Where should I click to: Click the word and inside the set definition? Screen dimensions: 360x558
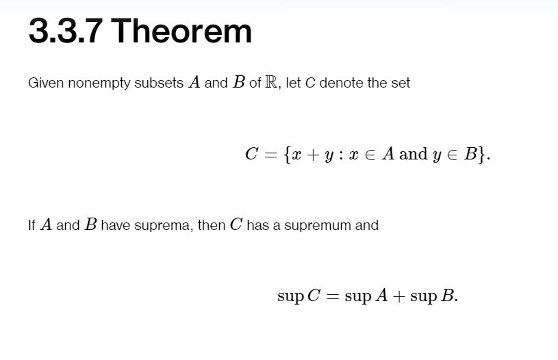[413, 154]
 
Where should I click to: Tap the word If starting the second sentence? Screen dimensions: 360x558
[32, 225]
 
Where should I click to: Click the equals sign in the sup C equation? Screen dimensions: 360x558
[333, 297]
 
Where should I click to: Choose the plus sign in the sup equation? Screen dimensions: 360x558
[398, 297]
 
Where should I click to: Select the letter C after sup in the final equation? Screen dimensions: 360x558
[314, 297]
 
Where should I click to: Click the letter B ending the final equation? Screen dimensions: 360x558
[448, 297]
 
